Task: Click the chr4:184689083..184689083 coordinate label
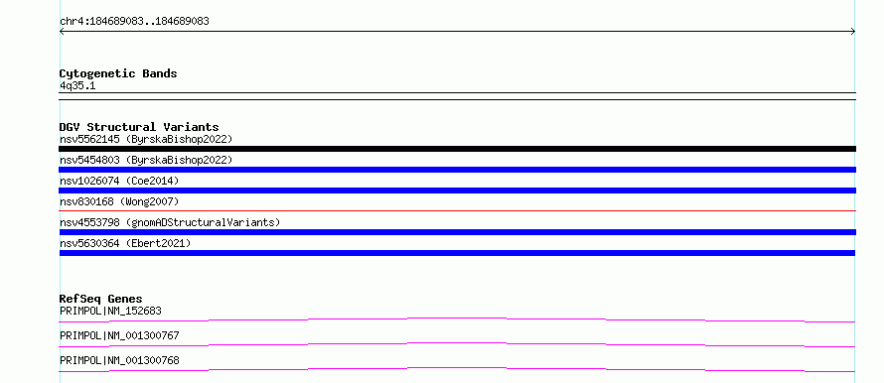coord(134,22)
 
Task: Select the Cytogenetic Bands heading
coord(118,73)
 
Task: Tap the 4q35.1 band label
coord(77,86)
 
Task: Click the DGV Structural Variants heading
coord(139,127)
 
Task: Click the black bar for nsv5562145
coord(457,149)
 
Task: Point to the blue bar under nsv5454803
coord(457,170)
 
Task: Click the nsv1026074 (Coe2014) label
coord(119,181)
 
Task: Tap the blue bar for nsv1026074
coord(457,191)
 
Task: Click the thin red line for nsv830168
coord(457,210)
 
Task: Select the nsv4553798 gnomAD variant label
coord(170,222)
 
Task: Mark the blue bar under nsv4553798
coord(457,232)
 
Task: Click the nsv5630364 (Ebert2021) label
coord(125,243)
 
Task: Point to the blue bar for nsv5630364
coord(457,253)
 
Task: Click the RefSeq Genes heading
coord(101,299)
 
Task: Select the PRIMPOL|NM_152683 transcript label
coord(111,311)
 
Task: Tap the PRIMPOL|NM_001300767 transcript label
coord(119,335)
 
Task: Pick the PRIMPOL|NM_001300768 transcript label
coord(119,360)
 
